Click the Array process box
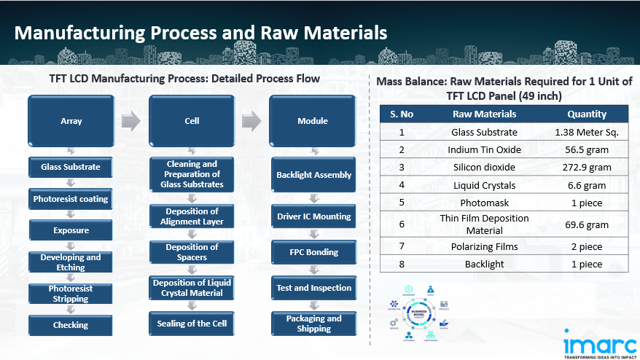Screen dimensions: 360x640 point(71,120)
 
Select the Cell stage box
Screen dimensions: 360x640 point(192,120)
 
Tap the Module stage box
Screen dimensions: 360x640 point(313,120)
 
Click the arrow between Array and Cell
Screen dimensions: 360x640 point(130,120)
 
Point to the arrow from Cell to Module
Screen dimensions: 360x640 point(251,120)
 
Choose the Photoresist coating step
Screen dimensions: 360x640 point(71,199)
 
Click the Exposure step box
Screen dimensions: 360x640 point(71,230)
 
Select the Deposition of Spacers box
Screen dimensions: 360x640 point(192,252)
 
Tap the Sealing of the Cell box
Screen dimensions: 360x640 point(192,324)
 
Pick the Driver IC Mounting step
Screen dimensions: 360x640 point(313,216)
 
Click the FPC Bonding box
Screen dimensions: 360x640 point(313,252)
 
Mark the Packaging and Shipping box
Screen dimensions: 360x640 point(313,324)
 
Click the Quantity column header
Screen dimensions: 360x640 point(586,114)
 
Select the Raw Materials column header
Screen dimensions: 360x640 point(484,114)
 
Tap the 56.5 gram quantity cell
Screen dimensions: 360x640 point(586,150)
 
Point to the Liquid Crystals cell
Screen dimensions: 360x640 point(484,186)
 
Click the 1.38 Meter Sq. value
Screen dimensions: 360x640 point(586,132)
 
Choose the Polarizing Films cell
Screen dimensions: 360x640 point(484,246)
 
